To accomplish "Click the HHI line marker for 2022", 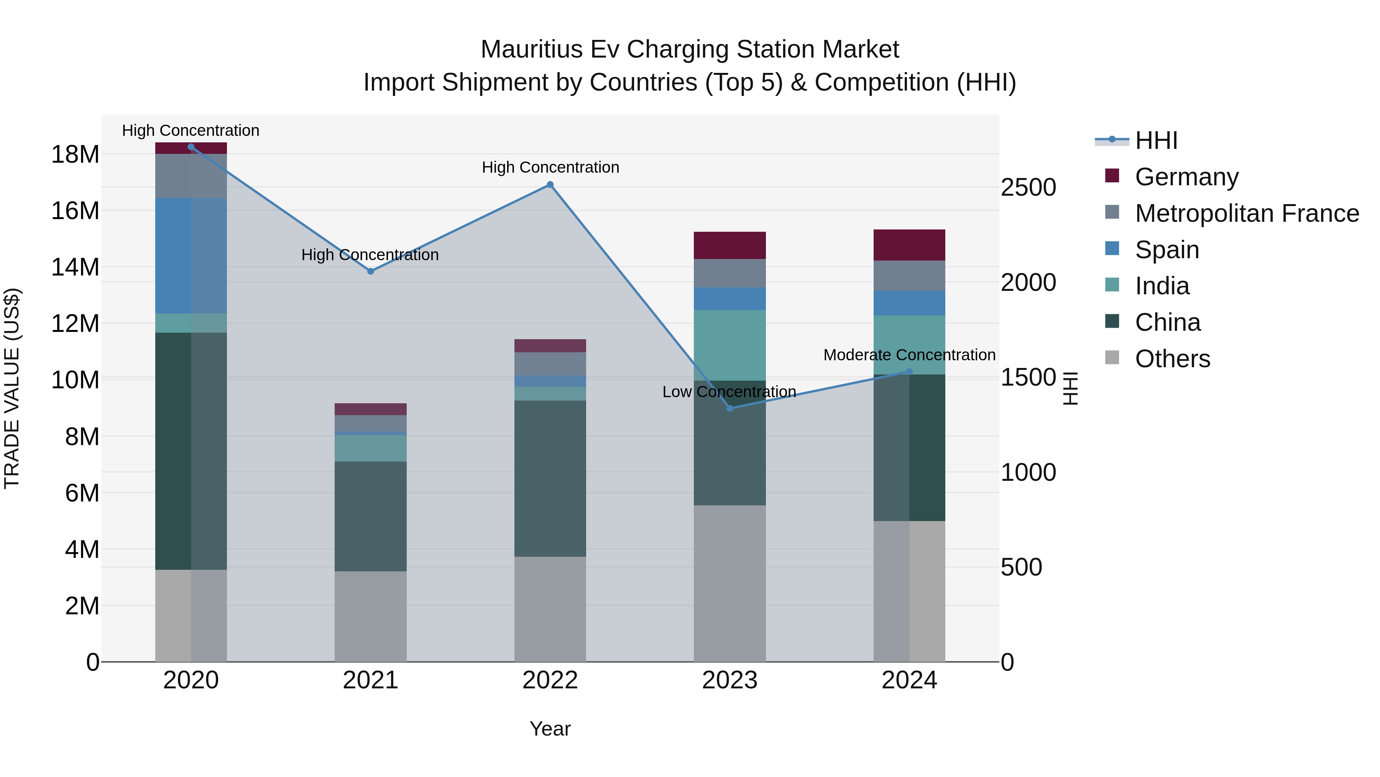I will pos(550,185).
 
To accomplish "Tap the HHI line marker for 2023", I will pos(729,409).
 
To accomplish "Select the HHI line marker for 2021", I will pos(370,271).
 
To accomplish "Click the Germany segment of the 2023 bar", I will pos(729,246).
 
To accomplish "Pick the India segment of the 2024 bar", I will pos(909,345).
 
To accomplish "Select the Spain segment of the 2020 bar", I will pos(191,256).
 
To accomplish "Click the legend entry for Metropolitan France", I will pos(1247,213).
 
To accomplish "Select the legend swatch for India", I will pos(1112,285).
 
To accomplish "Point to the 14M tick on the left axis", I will pos(75,267).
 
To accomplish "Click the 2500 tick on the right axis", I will pos(1028,188).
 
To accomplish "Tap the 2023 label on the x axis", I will pos(729,680).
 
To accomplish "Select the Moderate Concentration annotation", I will pos(909,355).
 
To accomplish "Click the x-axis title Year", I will pos(550,729).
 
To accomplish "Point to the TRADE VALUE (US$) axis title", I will pos(12,388).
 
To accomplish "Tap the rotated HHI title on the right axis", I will pos(1070,388).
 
